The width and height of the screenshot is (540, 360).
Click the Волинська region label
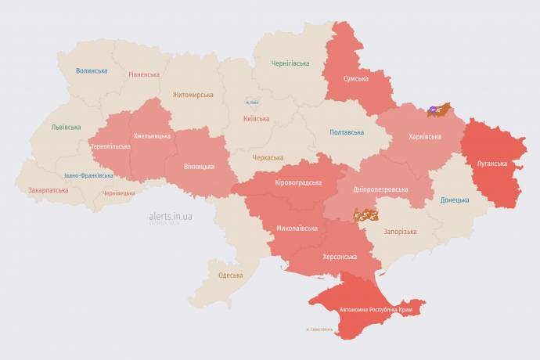92,71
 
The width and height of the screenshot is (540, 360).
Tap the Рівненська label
144,75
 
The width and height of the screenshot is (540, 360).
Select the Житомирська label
193,95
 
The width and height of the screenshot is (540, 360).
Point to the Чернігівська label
290,63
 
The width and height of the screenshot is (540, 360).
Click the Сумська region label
357,78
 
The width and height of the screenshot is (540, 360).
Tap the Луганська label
492,164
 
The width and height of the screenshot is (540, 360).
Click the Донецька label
455,200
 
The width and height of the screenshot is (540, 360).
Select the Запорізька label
400,232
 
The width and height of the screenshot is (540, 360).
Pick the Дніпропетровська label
381,189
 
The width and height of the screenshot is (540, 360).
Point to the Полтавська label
346,132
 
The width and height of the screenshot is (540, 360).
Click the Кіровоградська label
298,182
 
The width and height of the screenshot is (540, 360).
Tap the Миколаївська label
297,229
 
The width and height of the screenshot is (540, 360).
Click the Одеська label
230,275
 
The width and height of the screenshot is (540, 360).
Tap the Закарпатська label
48,190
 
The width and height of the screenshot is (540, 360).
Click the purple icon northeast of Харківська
433,110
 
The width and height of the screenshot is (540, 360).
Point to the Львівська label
66,127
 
